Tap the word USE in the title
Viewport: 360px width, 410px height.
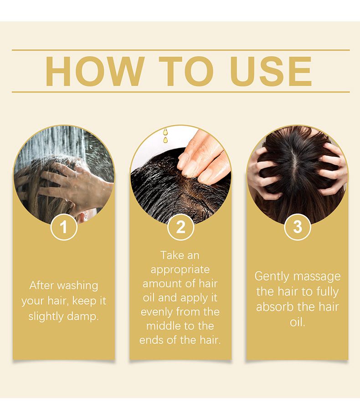tap(271, 71)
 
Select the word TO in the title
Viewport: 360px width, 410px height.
tap(186, 71)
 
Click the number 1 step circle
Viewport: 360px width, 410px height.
tap(64, 227)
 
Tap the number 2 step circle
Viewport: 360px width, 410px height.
tap(180, 227)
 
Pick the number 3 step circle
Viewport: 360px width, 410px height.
tap(298, 227)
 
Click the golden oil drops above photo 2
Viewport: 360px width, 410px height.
tap(165, 135)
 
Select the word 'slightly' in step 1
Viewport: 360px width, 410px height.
tap(46, 317)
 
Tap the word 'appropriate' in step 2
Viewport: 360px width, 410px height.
tap(180, 270)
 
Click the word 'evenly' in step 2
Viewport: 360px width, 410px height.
tap(157, 312)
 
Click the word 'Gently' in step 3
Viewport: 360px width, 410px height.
tap(272, 277)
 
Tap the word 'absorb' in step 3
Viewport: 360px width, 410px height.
tap(275, 307)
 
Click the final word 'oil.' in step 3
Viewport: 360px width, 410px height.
tap(298, 322)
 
